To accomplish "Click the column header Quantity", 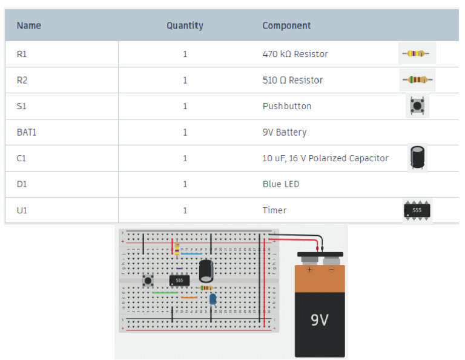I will coord(185,26).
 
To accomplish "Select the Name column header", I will coord(29,26).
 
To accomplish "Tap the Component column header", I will coord(286,26).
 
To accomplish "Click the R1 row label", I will coord(22,54).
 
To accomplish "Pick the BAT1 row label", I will coord(27,132).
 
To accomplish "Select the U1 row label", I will coord(22,210).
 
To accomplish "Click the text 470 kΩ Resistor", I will coord(295,54).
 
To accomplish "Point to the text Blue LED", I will coord(280,184).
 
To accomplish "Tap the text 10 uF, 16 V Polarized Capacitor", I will coord(325,158).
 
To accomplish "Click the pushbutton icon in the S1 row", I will coord(417,106).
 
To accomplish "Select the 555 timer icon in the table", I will coord(417,210).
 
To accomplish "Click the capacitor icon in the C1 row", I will coord(417,158).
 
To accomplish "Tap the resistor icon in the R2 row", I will coord(417,79).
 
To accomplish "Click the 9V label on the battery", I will coord(319,319).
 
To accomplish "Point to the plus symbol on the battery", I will coord(309,270).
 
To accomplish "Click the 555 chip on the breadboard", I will coord(179,280).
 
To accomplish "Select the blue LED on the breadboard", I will coord(213,298).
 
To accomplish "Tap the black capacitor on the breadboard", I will coord(206,270).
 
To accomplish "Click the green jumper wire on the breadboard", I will coord(165,293).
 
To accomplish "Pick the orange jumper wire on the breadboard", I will coord(189,298).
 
